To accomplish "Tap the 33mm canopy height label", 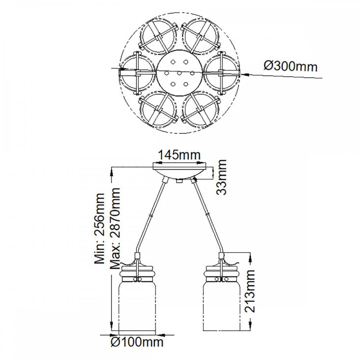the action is [221, 177].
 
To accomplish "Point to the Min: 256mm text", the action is [99, 229].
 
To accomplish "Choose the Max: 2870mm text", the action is [115, 229].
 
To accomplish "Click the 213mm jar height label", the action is [249, 291].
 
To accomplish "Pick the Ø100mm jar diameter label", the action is [137, 342].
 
